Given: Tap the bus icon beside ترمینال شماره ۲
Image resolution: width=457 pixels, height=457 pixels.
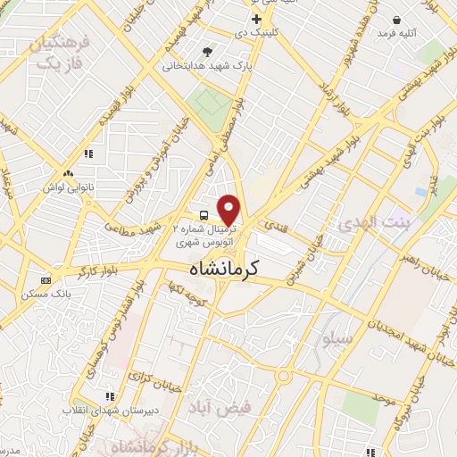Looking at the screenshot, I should tap(204, 215).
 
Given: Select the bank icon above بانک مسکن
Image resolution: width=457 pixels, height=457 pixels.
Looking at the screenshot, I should tap(46, 280).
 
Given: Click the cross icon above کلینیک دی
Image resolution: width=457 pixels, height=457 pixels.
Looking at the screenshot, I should tap(256, 19).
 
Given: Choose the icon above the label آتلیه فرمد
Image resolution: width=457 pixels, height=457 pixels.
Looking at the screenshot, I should tap(396, 20).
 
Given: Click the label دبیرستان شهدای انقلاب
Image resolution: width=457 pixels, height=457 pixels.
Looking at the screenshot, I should tap(97, 411).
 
